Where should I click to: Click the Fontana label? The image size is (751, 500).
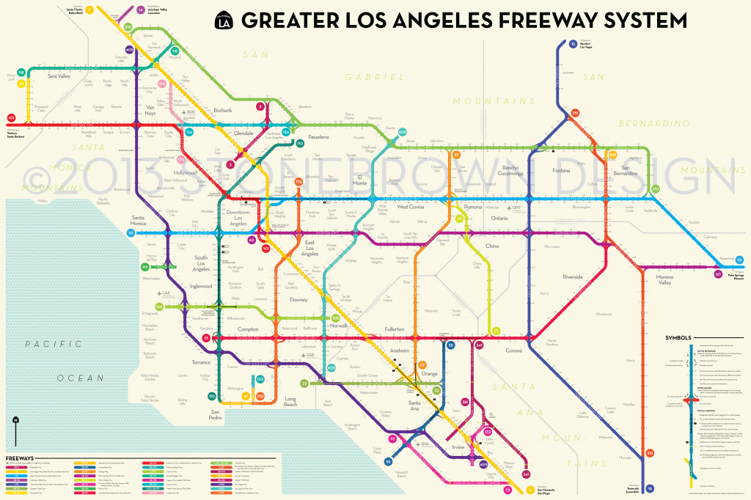click(560, 171)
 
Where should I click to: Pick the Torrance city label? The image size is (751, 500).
click(200, 362)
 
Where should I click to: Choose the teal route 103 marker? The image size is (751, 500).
click(260, 379)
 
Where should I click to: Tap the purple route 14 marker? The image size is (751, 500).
click(140, 10)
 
